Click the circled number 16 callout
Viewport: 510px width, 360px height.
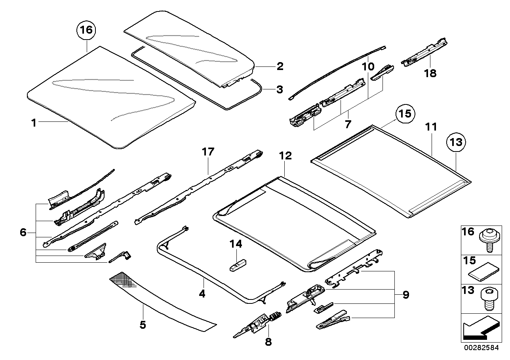pyautogui.click(x=86, y=30)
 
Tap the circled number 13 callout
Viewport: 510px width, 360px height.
pyautogui.click(x=456, y=142)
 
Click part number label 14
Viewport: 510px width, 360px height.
pyautogui.click(x=236, y=244)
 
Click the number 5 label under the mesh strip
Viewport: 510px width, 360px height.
pyautogui.click(x=143, y=325)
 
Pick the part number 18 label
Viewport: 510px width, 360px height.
pyautogui.click(x=430, y=74)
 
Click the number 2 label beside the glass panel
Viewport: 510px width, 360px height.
pyautogui.click(x=280, y=66)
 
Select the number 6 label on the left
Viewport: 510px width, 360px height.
pyautogui.click(x=23, y=233)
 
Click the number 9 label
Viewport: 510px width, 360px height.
pyautogui.click(x=405, y=295)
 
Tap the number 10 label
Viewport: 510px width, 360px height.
pyautogui.click(x=368, y=66)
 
